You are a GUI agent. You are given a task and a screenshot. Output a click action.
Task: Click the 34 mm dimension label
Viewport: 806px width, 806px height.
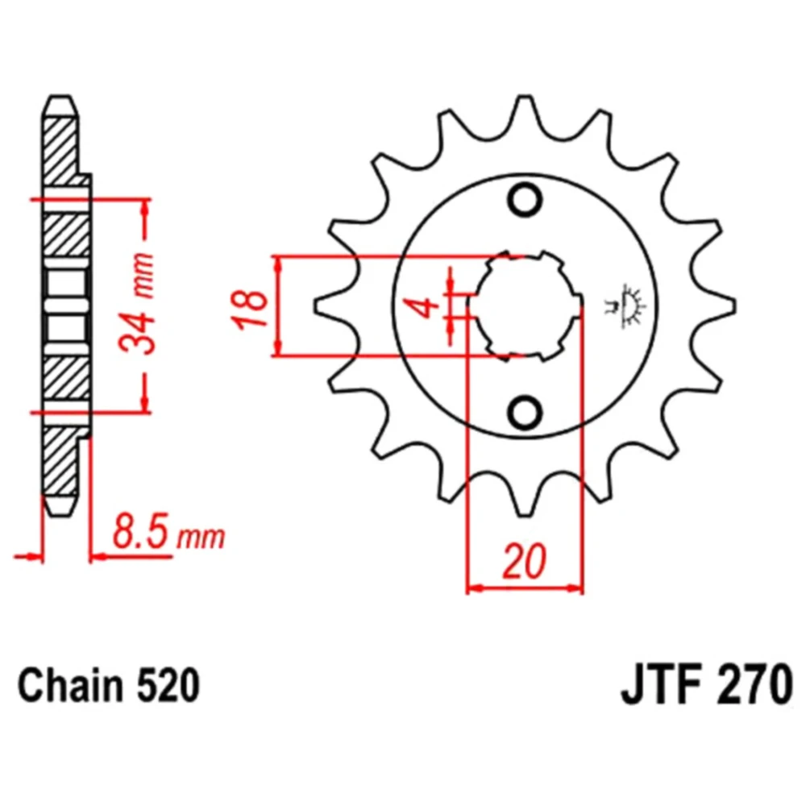pos(137,303)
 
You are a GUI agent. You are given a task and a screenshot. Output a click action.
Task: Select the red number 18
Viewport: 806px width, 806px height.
pos(251,307)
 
